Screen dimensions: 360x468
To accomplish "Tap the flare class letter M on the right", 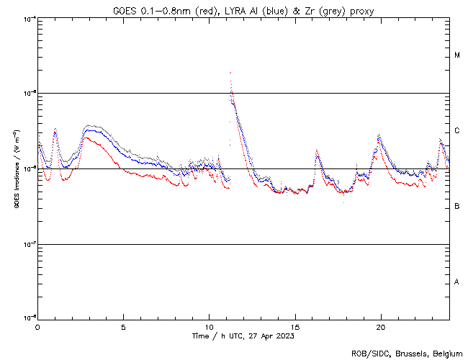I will coord(457,55).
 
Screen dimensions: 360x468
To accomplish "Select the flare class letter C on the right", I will coord(457,130).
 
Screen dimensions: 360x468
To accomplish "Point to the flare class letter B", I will coord(457,207).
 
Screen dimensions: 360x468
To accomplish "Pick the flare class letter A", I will coord(457,282).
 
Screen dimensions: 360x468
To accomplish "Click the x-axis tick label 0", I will coord(37,326).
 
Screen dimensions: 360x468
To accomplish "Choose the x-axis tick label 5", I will coord(123,326).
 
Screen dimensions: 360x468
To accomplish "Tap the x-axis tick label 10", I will coord(209,326).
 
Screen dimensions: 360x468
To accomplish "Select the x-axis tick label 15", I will coord(294,326).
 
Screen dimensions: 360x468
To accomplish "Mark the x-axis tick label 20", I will coord(380,326).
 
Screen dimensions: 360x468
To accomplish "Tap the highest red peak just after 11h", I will coord(230,73).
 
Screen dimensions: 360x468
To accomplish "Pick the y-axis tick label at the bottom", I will coord(27,318).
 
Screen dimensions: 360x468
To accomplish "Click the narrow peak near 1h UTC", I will coord(55,130).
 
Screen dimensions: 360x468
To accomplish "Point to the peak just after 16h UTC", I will coord(316,151).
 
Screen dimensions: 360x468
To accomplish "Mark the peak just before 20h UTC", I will coord(379,135).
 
